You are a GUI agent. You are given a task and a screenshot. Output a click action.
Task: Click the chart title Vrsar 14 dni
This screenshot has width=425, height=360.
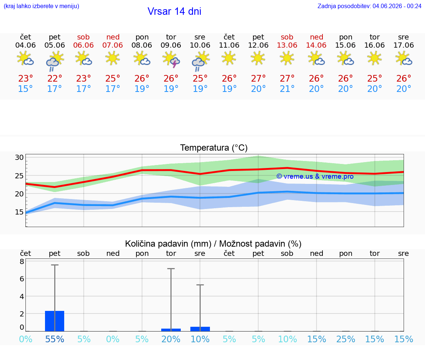174,11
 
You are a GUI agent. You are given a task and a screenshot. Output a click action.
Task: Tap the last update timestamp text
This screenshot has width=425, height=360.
369,6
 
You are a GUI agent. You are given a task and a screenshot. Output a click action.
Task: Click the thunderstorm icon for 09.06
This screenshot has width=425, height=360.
171,59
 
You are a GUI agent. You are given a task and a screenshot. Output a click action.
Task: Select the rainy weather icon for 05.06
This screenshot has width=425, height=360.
55,61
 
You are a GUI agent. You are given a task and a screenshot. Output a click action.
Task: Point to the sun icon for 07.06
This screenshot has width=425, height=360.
113,58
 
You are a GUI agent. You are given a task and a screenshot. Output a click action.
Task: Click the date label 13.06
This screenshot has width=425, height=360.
287,45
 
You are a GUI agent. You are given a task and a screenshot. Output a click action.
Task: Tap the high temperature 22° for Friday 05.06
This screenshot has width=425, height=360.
55,78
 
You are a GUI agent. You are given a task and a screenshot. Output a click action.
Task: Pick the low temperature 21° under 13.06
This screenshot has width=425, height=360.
287,89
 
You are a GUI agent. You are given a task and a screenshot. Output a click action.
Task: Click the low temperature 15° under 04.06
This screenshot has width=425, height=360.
25,89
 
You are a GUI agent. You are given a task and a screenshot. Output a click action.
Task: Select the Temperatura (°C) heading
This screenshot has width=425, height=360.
214,148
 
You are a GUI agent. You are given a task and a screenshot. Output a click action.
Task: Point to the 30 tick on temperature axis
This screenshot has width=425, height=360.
19,157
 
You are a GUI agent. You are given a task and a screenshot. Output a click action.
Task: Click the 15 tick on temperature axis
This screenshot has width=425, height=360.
19,212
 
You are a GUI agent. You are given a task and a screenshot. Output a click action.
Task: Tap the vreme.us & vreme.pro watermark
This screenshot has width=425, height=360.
315,176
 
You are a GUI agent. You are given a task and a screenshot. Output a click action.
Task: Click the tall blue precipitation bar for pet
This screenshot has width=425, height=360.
55,321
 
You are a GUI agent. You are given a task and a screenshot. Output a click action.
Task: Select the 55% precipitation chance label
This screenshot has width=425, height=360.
55,339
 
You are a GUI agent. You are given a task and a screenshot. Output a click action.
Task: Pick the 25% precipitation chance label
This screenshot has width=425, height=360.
346,339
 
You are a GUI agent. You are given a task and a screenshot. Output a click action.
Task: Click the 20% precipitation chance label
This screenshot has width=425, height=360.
171,339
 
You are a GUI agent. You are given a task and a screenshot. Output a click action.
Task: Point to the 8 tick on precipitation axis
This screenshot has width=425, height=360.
22,261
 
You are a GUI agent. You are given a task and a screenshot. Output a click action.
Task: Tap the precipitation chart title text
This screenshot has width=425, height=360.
213,244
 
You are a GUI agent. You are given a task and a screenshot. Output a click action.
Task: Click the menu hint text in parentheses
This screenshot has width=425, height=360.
41,6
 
